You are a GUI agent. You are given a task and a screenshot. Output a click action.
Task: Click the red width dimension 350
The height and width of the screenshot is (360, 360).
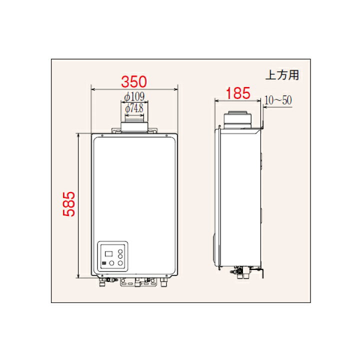(x=134, y=81)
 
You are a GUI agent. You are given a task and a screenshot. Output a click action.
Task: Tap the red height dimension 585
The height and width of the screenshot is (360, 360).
(x=69, y=204)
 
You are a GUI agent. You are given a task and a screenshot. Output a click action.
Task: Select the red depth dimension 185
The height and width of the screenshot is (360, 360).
(x=238, y=93)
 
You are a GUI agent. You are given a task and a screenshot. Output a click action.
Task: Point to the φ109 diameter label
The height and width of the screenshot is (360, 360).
(x=134, y=96)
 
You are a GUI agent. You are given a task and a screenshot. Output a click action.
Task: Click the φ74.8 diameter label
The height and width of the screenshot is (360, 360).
(x=134, y=108)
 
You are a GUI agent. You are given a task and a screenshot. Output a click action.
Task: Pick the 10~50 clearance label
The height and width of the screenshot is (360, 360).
(x=278, y=100)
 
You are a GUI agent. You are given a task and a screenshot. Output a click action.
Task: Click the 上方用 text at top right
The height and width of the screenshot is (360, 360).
(x=282, y=75)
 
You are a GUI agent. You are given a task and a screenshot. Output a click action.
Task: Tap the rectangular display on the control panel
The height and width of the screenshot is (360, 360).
(x=108, y=254)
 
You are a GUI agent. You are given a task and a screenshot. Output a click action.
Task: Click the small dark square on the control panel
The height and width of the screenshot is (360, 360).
(x=103, y=263)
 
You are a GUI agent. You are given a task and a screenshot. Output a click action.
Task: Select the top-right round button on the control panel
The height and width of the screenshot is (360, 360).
(x=120, y=251)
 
